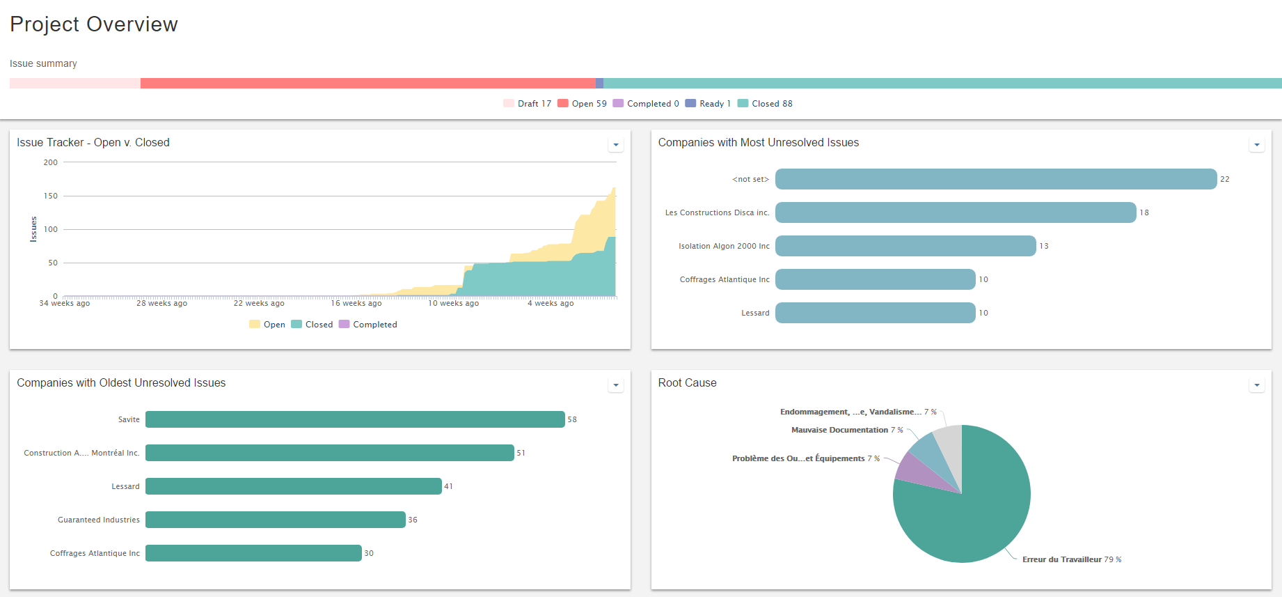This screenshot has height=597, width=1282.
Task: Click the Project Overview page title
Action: [x=94, y=24]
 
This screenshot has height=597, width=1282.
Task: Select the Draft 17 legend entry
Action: [x=527, y=104]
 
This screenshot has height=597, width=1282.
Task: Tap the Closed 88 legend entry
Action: [x=765, y=104]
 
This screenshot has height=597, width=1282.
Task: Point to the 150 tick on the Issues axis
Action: [x=51, y=196]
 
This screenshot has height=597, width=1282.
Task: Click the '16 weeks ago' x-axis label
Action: [x=356, y=304]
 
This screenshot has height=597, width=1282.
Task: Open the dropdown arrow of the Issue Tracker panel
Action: [x=616, y=145]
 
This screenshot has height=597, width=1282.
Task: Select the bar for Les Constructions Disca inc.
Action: [x=955, y=212]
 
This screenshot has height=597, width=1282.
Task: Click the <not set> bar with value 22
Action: [x=995, y=179]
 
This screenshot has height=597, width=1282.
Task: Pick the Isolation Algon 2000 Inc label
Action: [x=724, y=246]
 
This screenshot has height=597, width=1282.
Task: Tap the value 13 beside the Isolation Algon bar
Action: [x=1044, y=246]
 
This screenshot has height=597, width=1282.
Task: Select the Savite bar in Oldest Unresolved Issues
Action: [x=355, y=419]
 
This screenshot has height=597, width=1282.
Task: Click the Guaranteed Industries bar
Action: [x=275, y=520]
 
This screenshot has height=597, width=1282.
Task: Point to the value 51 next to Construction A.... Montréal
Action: [x=521, y=453]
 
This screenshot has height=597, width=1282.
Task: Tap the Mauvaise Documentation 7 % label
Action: [x=846, y=431]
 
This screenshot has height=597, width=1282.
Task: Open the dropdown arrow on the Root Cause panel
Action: [x=1257, y=385]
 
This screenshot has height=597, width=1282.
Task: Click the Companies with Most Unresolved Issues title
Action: [x=758, y=143]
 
